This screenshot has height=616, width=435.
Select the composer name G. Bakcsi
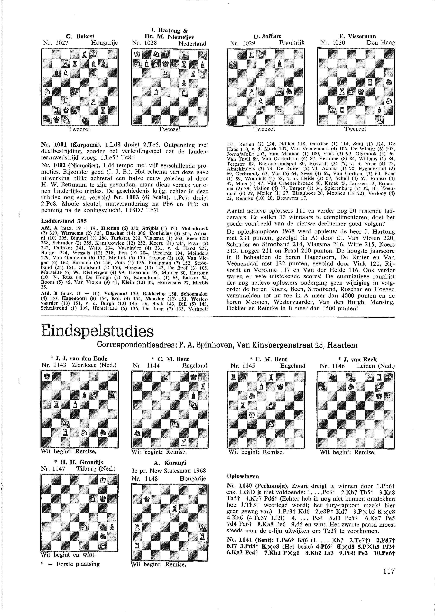(80, 36)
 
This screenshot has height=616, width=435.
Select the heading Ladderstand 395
(64, 221)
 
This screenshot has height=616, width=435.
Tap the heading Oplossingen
(243, 476)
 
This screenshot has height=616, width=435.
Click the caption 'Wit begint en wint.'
(68, 555)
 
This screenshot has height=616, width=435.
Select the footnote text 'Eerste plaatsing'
(78, 564)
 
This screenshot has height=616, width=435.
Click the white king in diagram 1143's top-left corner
(47, 376)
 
